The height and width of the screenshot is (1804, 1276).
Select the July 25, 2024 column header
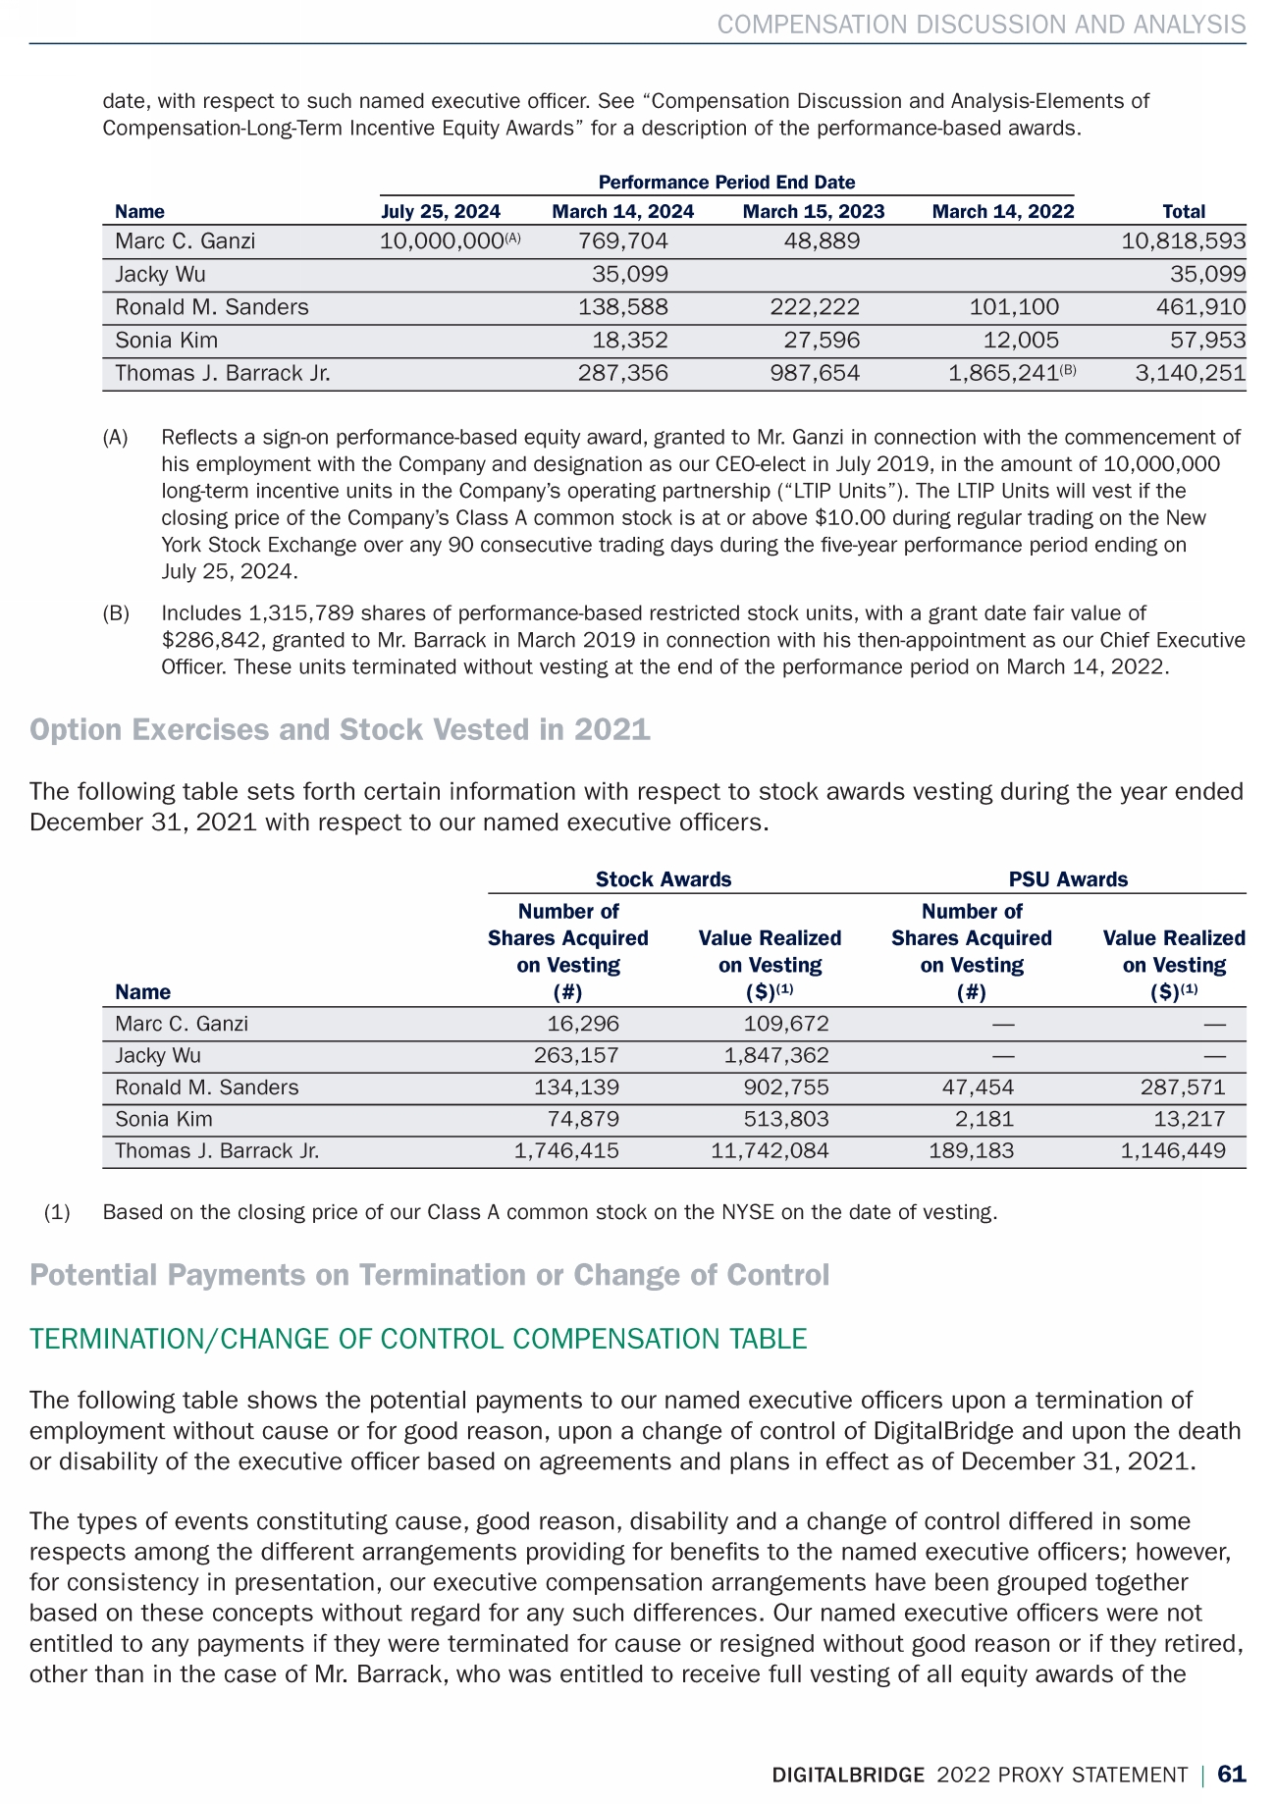coord(441,211)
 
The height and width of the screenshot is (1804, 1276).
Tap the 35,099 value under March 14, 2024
coord(629,275)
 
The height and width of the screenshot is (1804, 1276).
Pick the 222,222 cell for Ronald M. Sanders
coord(814,307)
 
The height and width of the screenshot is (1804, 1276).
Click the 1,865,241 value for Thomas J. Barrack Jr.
coord(1003,374)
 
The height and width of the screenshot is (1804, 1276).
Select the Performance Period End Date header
coord(726,183)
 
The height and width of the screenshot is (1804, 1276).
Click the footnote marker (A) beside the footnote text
coord(116,438)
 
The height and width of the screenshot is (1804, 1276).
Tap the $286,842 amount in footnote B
coord(213,641)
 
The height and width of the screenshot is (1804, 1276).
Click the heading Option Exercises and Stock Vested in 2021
coord(340,730)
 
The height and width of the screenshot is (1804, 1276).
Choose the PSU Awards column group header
coord(1068,879)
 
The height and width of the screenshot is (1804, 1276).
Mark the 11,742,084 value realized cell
coord(770,1151)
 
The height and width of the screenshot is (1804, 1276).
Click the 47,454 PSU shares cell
coord(972,1088)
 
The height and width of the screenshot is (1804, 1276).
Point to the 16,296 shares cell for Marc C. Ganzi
coord(583,1025)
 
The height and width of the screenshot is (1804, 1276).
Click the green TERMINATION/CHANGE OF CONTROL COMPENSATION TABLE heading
coord(418,1340)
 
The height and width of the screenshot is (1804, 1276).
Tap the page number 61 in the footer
coord(1231,1775)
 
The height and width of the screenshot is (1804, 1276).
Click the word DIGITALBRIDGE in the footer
coord(848,1776)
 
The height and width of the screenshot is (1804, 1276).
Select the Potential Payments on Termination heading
coord(429,1275)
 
